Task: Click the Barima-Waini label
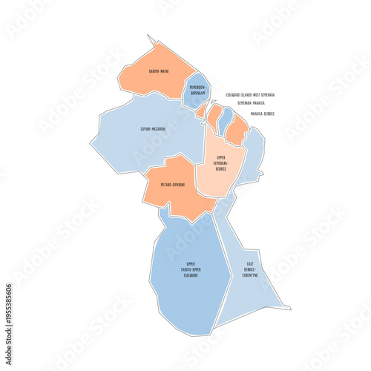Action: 157,70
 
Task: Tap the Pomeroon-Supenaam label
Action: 197,91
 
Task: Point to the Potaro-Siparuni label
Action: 173,184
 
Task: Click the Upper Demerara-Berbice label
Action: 221,163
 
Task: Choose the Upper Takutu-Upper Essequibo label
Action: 191,269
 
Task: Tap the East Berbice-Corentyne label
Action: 250,269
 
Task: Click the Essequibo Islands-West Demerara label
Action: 250,95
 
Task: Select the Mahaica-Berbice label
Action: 262,114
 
